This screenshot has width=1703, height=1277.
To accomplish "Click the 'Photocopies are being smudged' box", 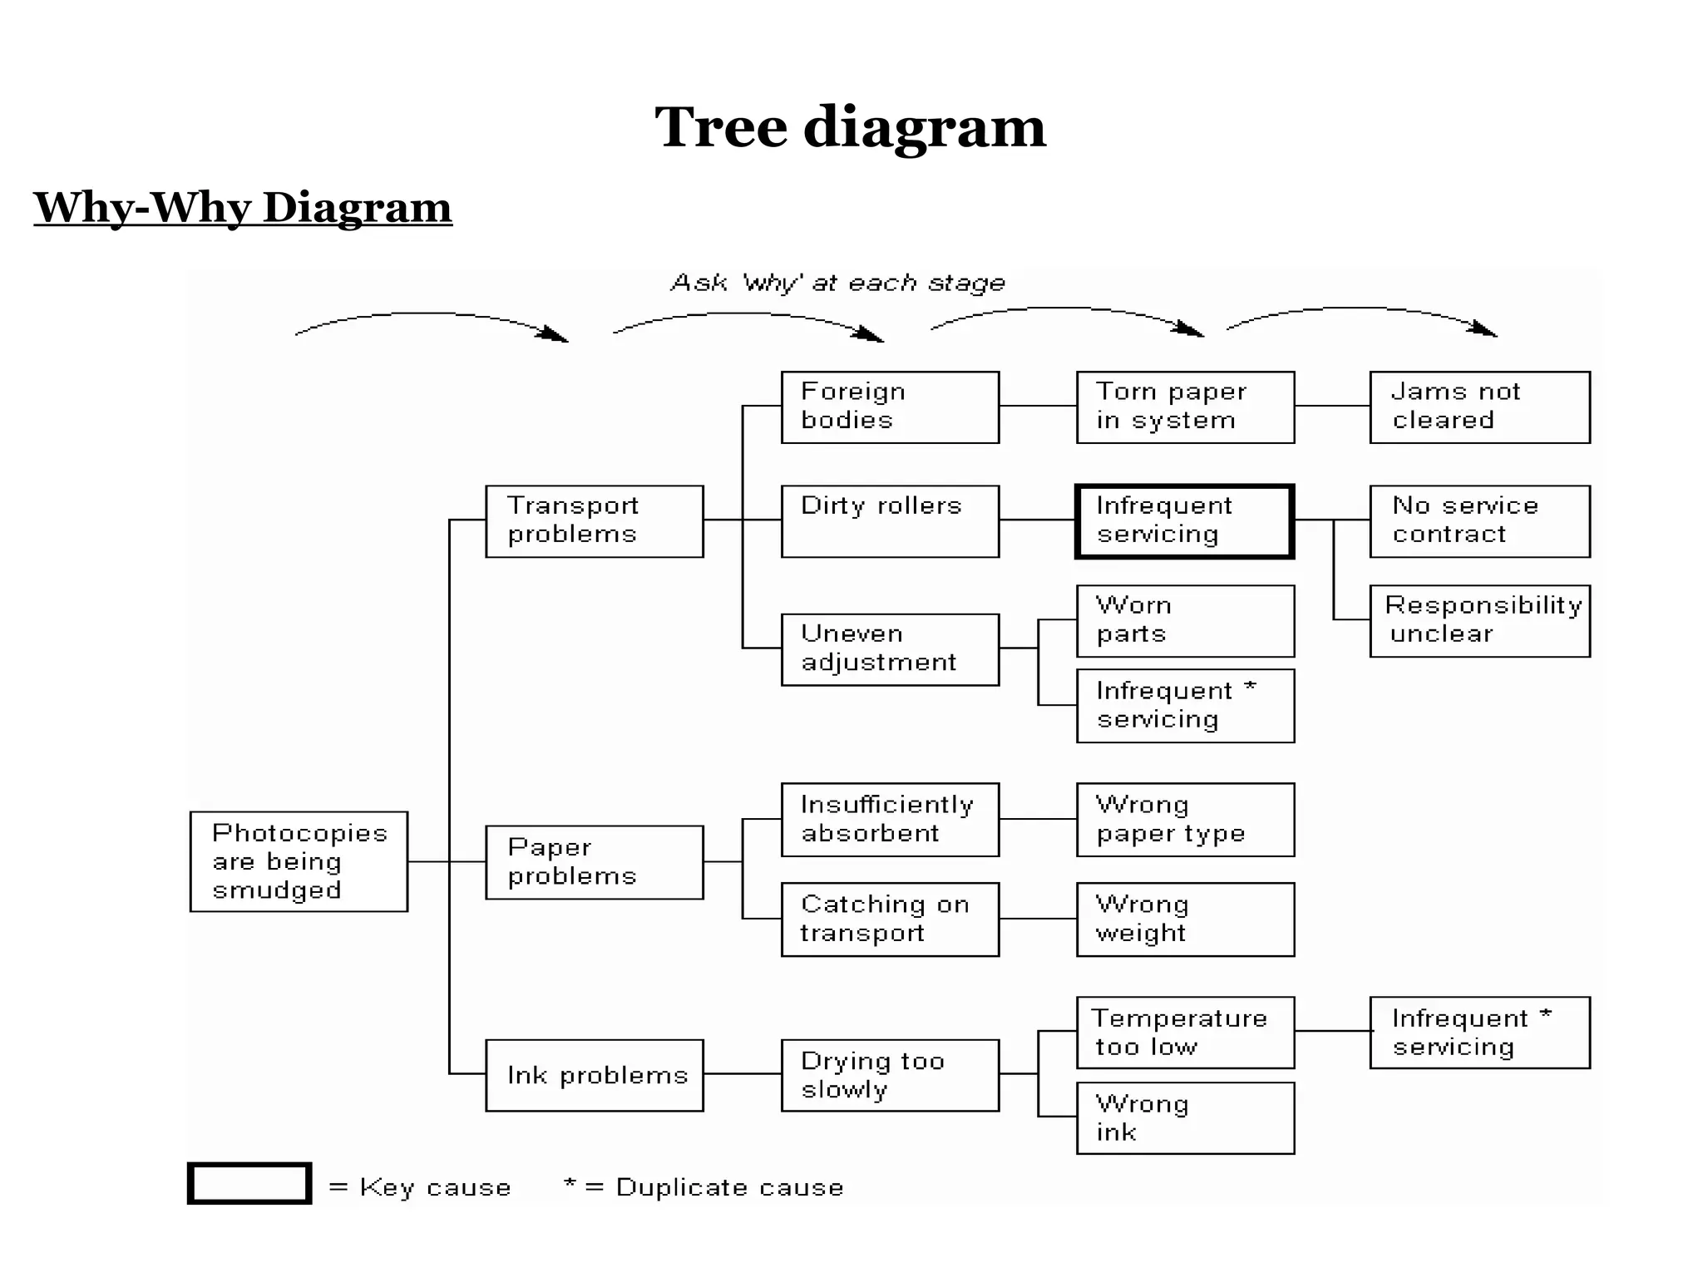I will [x=299, y=861].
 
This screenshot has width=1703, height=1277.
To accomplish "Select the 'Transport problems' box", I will [x=595, y=521].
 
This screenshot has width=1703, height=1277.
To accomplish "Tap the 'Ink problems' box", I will [x=595, y=1075].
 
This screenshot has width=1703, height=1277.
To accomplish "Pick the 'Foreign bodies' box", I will [x=890, y=407].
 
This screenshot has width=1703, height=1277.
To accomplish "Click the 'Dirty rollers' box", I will [x=890, y=521].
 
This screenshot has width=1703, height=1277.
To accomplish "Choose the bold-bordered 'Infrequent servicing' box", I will [x=1185, y=521].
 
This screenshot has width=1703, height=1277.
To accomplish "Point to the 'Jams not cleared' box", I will [x=1479, y=407].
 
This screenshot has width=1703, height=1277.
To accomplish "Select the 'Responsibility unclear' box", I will [x=1479, y=621].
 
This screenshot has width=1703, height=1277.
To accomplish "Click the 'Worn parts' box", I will [x=1185, y=621].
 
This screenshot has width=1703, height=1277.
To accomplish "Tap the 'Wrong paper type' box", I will [x=1185, y=820].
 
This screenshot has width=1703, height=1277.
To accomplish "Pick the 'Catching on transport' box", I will [x=890, y=920].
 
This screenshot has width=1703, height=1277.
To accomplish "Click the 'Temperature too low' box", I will [x=1185, y=1033].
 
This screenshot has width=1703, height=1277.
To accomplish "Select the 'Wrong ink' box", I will [x=1185, y=1118].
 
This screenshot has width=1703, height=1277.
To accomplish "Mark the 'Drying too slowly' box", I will [x=890, y=1075].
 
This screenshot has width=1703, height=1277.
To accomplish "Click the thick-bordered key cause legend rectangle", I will [x=249, y=1183].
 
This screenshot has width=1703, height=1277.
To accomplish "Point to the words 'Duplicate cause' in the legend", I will [x=729, y=1187].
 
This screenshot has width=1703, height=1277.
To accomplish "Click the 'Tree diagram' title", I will [x=850, y=128].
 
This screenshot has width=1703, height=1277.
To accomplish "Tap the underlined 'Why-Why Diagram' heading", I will [x=243, y=208].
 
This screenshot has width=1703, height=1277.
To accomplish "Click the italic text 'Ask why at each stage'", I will [x=838, y=284].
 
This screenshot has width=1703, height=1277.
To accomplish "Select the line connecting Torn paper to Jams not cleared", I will [x=1332, y=406].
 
